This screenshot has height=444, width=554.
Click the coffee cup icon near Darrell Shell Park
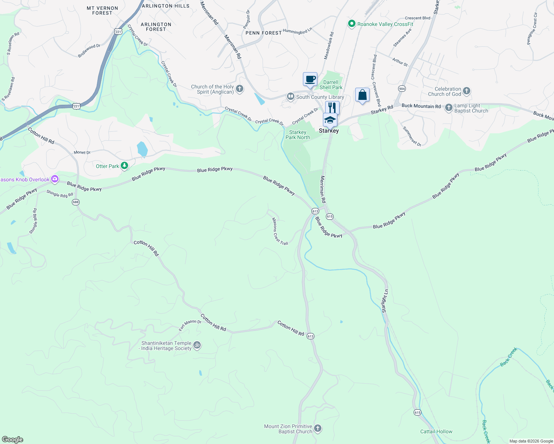coord(310,79)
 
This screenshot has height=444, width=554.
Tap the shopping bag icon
coord(362,95)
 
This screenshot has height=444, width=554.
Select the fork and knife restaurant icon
coord(332,108)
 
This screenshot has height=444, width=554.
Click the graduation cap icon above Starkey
coord(330,120)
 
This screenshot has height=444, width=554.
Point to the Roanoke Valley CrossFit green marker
coord(352,24)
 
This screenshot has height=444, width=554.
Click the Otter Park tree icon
coord(125,166)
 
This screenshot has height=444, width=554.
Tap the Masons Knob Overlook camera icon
coord(55,179)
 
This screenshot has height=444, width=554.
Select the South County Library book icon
coord(291,97)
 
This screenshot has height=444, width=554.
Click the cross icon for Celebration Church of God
coord(467,91)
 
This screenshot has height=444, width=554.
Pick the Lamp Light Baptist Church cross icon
coord(448,108)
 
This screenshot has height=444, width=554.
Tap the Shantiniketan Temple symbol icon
coord(197,345)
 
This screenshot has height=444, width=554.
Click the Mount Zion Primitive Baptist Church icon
coord(318,429)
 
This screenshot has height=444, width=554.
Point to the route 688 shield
coord(76,202)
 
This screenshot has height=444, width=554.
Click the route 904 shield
coord(402,89)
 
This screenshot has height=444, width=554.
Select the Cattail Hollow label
coord(436,431)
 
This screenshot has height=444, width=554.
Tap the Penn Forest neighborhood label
coord(264,33)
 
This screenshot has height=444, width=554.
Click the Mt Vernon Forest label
coord(102,10)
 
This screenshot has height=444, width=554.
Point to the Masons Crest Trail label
coord(280,232)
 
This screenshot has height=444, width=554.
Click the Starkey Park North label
coord(298,135)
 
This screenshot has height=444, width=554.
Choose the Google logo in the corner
coord(13,439)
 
